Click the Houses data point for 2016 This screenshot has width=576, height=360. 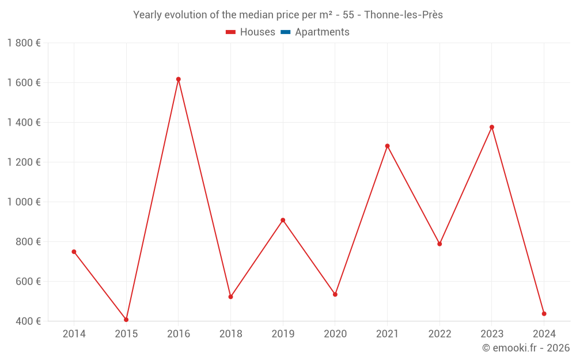coord(179,79)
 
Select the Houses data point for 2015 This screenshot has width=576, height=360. coord(126,320)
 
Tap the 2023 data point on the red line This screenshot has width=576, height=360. coord(492,127)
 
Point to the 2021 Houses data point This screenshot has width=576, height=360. coord(387,146)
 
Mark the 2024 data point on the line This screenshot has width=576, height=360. coord(544,314)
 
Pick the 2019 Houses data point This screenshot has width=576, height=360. coord(283,220)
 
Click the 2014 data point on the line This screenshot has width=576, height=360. coord(74,252)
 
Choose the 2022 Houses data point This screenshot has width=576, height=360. coord(439,244)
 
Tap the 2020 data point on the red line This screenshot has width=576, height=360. coord(335,294)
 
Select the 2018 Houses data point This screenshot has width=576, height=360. coord(230,297)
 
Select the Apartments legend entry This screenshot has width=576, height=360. coord(315,32)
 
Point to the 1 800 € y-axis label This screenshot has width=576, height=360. coord(24,43)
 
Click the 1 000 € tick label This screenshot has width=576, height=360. coord(24,202)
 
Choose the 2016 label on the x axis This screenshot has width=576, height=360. coord(179,334)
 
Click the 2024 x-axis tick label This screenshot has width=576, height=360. coord(544,334)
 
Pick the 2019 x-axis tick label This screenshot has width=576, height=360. coord(283,334)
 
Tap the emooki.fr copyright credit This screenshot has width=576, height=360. coord(526,348)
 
